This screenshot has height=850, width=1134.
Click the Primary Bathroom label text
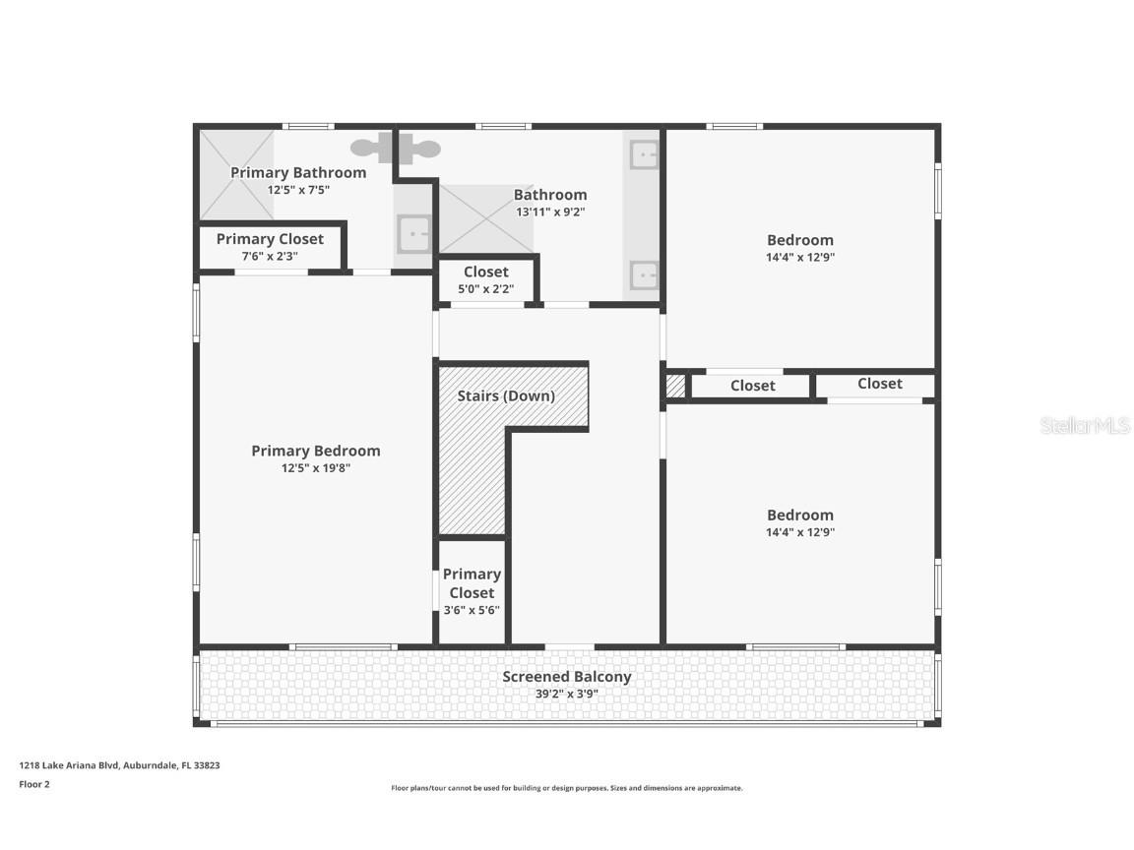point(297,172)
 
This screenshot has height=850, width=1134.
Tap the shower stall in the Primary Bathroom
point(236,174)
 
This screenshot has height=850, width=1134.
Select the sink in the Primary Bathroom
point(413,235)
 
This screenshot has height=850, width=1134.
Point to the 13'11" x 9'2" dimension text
point(550,212)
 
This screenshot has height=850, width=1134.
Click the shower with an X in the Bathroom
point(484,217)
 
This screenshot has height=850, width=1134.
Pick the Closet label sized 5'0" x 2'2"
point(485,273)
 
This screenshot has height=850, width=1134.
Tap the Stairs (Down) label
point(506,395)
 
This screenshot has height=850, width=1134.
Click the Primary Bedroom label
point(315,451)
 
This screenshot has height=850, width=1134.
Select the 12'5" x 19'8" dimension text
point(315,468)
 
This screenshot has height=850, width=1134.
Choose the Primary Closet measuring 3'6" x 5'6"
point(472,590)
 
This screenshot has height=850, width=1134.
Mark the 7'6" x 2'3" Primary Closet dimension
point(270,256)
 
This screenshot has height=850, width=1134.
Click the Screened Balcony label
point(566,677)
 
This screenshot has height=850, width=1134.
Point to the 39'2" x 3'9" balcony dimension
point(566,694)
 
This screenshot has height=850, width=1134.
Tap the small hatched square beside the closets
point(675,386)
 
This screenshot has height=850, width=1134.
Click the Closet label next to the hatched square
point(752,386)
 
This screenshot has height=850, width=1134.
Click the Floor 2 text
point(34,784)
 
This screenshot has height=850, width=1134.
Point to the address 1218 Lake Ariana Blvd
point(119,764)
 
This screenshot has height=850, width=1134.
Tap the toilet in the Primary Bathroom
point(380,150)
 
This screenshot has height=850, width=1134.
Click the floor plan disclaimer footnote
point(566,788)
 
